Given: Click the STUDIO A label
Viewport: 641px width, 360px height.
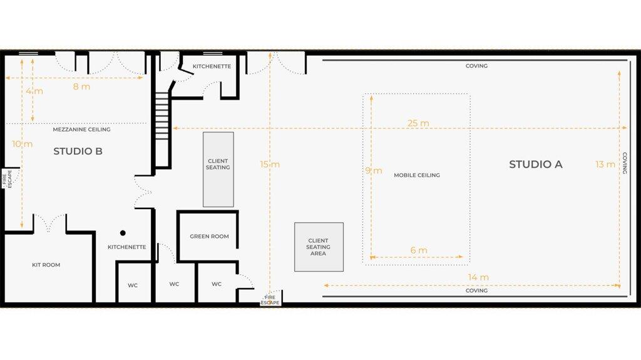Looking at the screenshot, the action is pos(536,164).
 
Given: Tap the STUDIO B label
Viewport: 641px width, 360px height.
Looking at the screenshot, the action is pos(78,151).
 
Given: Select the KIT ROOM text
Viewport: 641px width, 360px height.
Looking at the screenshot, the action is pos(46,265).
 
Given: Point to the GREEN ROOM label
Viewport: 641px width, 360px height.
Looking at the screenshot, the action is pos(209,236).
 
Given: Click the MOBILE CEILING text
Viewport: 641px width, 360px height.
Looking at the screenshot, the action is pos(416,175).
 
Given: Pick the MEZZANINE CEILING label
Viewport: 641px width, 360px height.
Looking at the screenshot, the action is pos(81,129).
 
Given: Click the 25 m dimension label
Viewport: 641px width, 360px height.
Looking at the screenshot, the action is pos(418,123).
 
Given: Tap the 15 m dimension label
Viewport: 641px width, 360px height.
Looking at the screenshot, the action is pos(270,164).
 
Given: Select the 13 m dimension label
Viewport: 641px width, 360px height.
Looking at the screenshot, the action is pos(605,164).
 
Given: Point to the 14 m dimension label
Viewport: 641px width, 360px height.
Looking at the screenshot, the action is pos(478,277).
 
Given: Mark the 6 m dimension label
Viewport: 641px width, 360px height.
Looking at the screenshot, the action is pos(419,250).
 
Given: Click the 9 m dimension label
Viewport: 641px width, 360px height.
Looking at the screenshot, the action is pos(374,170).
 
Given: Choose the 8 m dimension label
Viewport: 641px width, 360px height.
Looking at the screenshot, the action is pos(81,86).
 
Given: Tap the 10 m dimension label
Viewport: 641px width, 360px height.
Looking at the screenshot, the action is pos(22,143).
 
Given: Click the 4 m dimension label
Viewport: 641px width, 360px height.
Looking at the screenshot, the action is pos(34,91).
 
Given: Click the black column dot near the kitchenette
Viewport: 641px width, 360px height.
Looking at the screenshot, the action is pos(123,233).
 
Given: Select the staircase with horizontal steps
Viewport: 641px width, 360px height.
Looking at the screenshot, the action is pos(162,116).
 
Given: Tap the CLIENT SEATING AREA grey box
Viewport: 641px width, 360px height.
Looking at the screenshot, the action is pos(319,247).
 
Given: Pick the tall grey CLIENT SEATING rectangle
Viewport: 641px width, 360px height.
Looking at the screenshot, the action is pos(218,170).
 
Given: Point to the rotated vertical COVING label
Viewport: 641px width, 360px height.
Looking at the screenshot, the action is pos(624,163).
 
